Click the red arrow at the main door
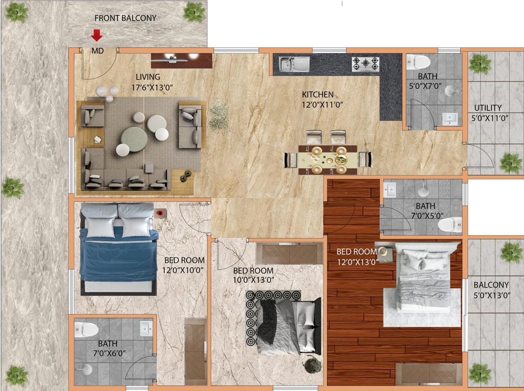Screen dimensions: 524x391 97,35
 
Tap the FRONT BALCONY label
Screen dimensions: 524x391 125,18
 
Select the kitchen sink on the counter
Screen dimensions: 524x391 295,64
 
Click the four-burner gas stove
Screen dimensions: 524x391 365,64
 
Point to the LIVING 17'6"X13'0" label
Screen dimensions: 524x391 152,82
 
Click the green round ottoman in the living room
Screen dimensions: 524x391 134,139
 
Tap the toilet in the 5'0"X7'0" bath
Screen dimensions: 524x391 418,62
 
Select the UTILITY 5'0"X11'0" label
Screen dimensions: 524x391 490,113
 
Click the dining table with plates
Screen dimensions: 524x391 327,160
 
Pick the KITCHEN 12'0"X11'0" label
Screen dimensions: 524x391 322,100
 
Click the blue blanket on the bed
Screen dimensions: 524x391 118,254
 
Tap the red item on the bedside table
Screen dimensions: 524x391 161,213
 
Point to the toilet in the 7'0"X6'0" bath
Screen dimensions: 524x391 86,329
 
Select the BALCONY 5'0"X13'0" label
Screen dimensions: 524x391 491,290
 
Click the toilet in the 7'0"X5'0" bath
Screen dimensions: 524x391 450,224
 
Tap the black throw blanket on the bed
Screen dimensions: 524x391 268,321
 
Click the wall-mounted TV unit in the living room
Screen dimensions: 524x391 182,61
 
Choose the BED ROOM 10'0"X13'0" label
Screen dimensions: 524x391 253,275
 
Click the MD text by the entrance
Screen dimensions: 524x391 98,51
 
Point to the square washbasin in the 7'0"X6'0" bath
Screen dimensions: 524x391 146,329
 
